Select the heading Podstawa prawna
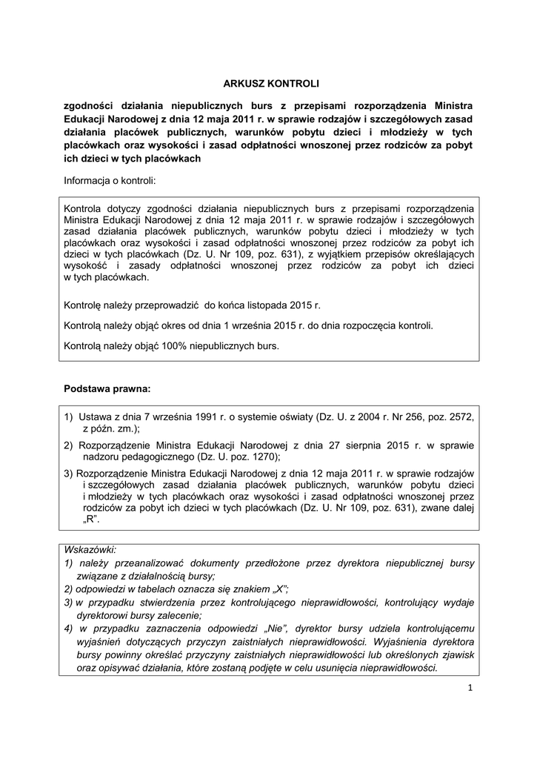point(107,388)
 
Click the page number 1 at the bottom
point(470,689)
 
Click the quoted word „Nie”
point(270,629)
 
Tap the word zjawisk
point(456,654)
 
